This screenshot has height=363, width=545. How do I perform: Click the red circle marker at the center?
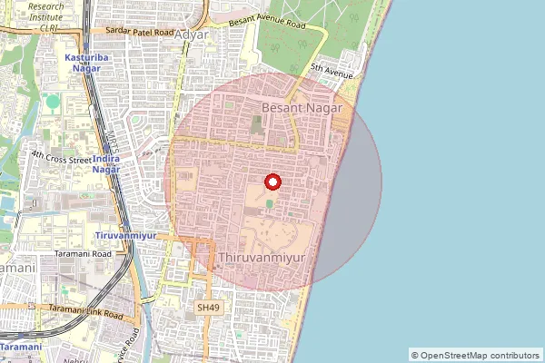click(x=271, y=181)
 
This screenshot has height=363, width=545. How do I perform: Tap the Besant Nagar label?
click(x=301, y=107)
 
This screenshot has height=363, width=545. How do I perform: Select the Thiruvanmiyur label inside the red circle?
click(x=263, y=259)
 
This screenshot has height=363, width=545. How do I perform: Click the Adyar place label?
click(x=191, y=35)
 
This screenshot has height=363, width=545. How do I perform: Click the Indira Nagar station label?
click(x=119, y=163)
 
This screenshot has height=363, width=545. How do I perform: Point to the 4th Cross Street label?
click(x=61, y=157)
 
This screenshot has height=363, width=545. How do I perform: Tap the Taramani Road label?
click(x=82, y=254)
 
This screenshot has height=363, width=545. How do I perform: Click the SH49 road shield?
click(x=208, y=308)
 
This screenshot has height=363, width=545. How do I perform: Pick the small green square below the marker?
click(x=270, y=201)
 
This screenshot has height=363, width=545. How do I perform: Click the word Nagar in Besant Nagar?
click(x=324, y=107)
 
